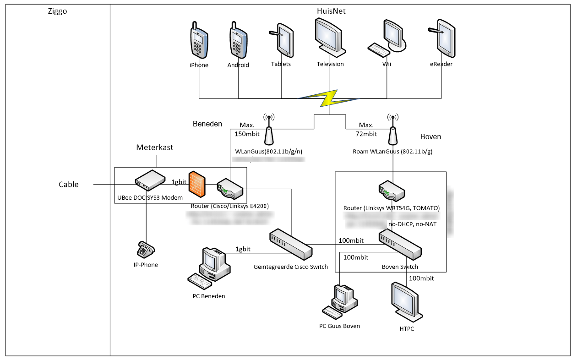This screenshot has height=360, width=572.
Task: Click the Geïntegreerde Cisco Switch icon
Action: point(290,244)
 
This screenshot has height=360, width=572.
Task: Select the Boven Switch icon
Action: point(400,244)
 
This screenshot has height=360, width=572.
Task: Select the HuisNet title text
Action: point(331,11)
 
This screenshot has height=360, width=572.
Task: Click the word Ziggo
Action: point(57,11)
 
